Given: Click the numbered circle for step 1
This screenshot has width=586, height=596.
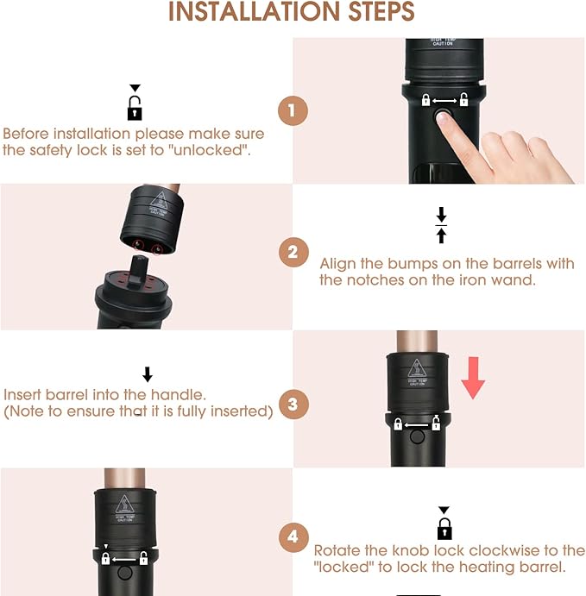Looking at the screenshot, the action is coord(293,110).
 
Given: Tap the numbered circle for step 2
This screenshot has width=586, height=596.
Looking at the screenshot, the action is coord(293,253).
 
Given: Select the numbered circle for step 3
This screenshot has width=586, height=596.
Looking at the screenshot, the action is coord(293,404).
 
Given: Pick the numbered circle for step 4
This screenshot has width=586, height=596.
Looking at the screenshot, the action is coord(293,537).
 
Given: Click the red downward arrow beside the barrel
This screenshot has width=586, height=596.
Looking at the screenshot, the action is coord(473,378).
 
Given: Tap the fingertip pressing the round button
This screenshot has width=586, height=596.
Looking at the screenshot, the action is coord(444,117).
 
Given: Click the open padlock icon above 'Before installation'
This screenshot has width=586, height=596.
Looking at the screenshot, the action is coord(135,108).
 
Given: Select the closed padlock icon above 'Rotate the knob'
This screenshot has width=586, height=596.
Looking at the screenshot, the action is coord(444,529).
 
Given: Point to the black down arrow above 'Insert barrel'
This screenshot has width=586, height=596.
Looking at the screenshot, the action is coord(148,374).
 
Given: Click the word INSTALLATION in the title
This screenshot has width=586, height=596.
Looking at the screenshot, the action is coord(254,12).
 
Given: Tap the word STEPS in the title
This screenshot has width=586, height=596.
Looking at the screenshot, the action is coord(381,12).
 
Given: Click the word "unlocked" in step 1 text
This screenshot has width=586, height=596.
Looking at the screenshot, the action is coord(211,150).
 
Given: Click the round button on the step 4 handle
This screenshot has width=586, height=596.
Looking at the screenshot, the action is coord(125,573).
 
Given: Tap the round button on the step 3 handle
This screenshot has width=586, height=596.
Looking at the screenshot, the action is coord(417,436).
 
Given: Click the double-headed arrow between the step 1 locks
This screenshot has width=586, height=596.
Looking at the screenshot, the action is coord(444,101).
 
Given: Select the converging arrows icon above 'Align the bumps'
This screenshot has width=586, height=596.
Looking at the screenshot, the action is coord(441,225).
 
